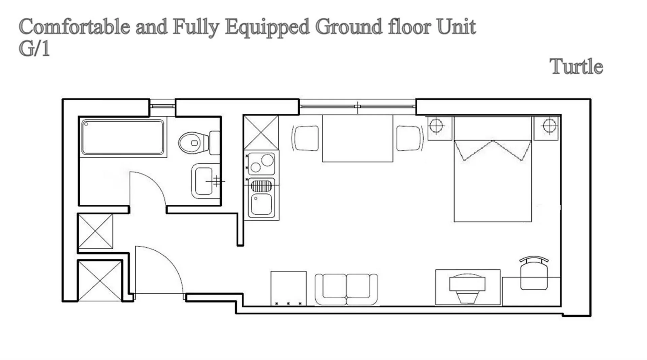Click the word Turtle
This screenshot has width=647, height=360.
(576, 66)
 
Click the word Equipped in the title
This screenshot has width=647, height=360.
(267, 27)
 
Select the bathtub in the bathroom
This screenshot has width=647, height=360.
(123, 137)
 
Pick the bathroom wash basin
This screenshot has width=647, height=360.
(203, 181)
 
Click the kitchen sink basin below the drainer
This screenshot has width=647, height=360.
(261, 204)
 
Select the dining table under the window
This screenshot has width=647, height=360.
(357, 138)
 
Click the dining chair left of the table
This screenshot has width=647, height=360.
(306, 138)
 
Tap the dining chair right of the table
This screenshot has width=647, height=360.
(409, 138)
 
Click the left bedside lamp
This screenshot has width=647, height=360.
(436, 126)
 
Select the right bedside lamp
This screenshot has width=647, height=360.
(549, 126)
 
